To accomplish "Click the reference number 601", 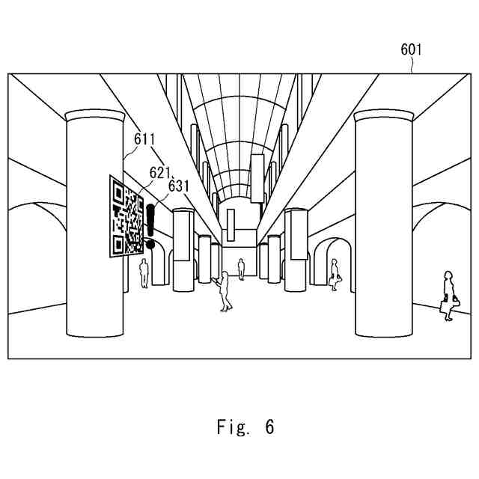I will click(x=412, y=50).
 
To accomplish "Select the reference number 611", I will click(x=144, y=138).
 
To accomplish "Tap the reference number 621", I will click(x=160, y=173).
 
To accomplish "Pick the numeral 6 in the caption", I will click(x=269, y=427).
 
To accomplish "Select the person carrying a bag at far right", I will click(x=448, y=296).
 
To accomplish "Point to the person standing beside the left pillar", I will click(x=144, y=273).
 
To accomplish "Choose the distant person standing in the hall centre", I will click(x=241, y=268).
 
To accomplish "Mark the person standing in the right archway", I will click(x=335, y=275).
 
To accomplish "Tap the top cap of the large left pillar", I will click(x=94, y=116).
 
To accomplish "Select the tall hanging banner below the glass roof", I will click(x=257, y=178).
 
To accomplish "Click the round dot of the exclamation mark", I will click(x=150, y=244).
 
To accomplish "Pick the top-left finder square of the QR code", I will click(x=117, y=192).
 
